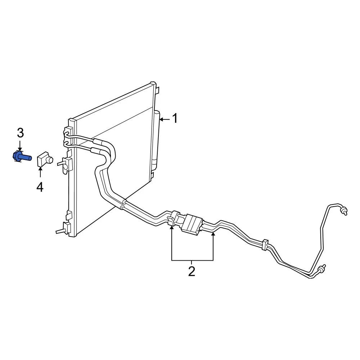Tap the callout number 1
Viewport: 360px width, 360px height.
coord(175,118)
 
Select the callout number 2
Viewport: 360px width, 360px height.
coord(192,271)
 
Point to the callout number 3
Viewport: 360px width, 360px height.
coord(21,133)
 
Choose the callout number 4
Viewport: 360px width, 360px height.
coord(40,187)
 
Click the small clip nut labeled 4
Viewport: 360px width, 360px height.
coord(45,159)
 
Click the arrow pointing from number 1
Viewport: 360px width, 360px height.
coord(165,120)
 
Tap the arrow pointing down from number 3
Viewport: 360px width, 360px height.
coord(20,146)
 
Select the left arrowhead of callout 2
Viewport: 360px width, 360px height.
coord(172,227)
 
